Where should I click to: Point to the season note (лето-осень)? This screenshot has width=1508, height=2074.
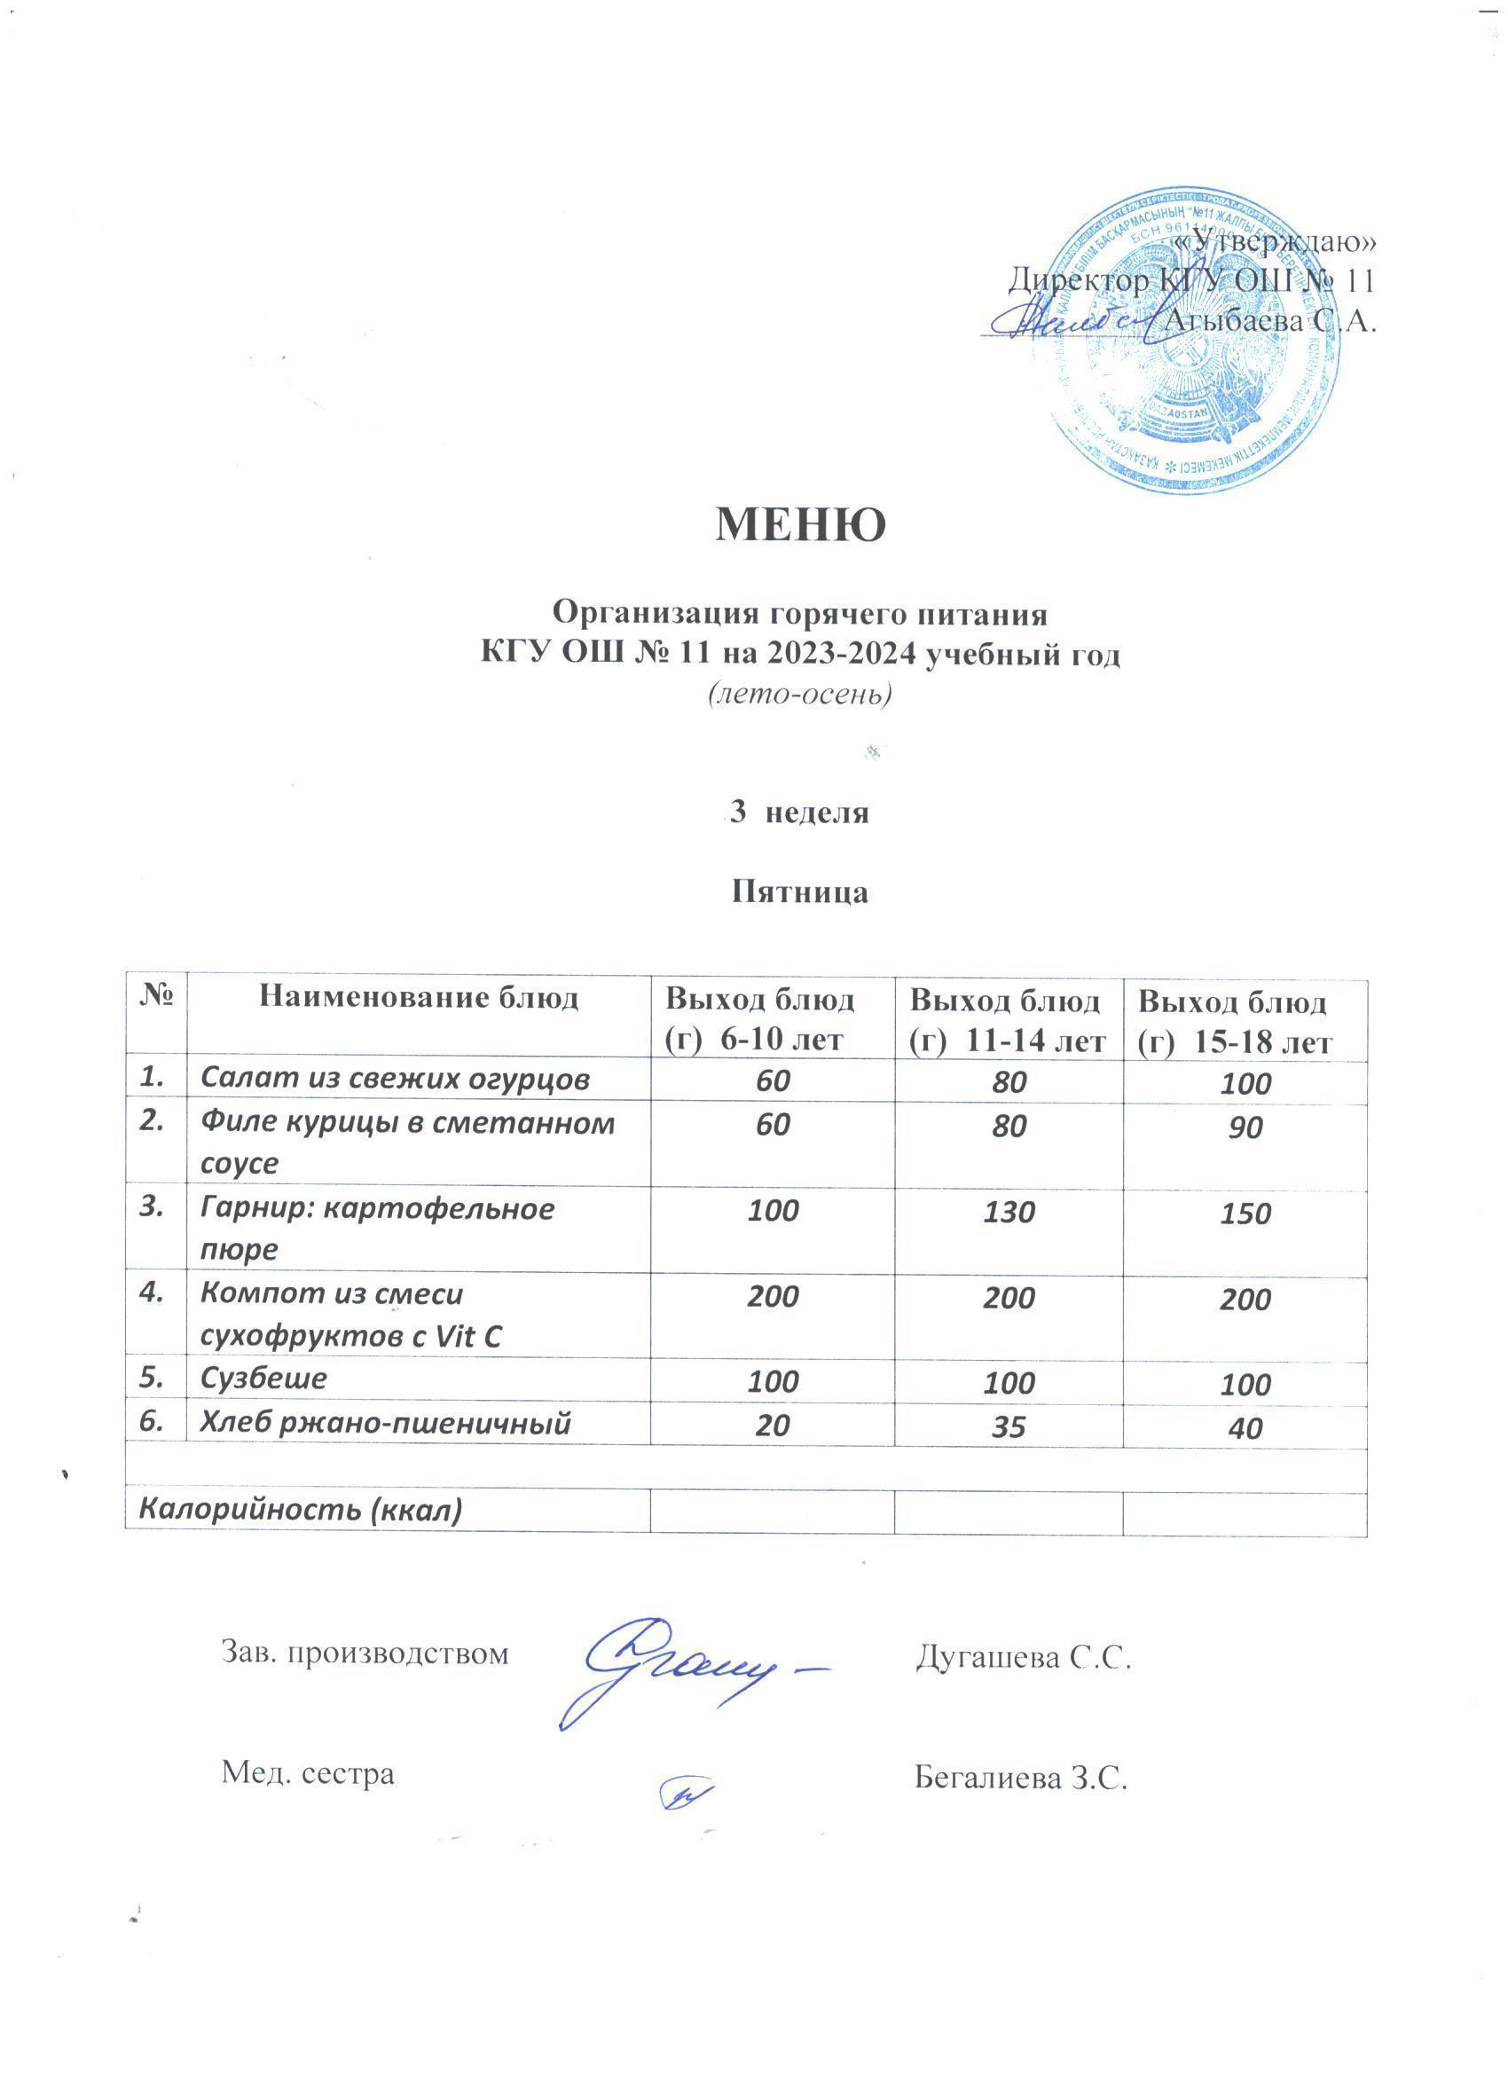(x=799, y=695)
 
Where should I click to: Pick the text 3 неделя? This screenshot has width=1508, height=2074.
(x=799, y=812)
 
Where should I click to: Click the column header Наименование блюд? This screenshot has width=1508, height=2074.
(x=419, y=998)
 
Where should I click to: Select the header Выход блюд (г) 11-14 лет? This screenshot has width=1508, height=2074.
(x=1007, y=1020)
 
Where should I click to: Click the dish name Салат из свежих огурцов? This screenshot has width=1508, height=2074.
(x=394, y=1080)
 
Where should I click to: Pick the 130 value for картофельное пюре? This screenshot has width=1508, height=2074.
(x=1009, y=1213)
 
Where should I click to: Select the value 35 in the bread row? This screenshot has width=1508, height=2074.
(x=1009, y=1424)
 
